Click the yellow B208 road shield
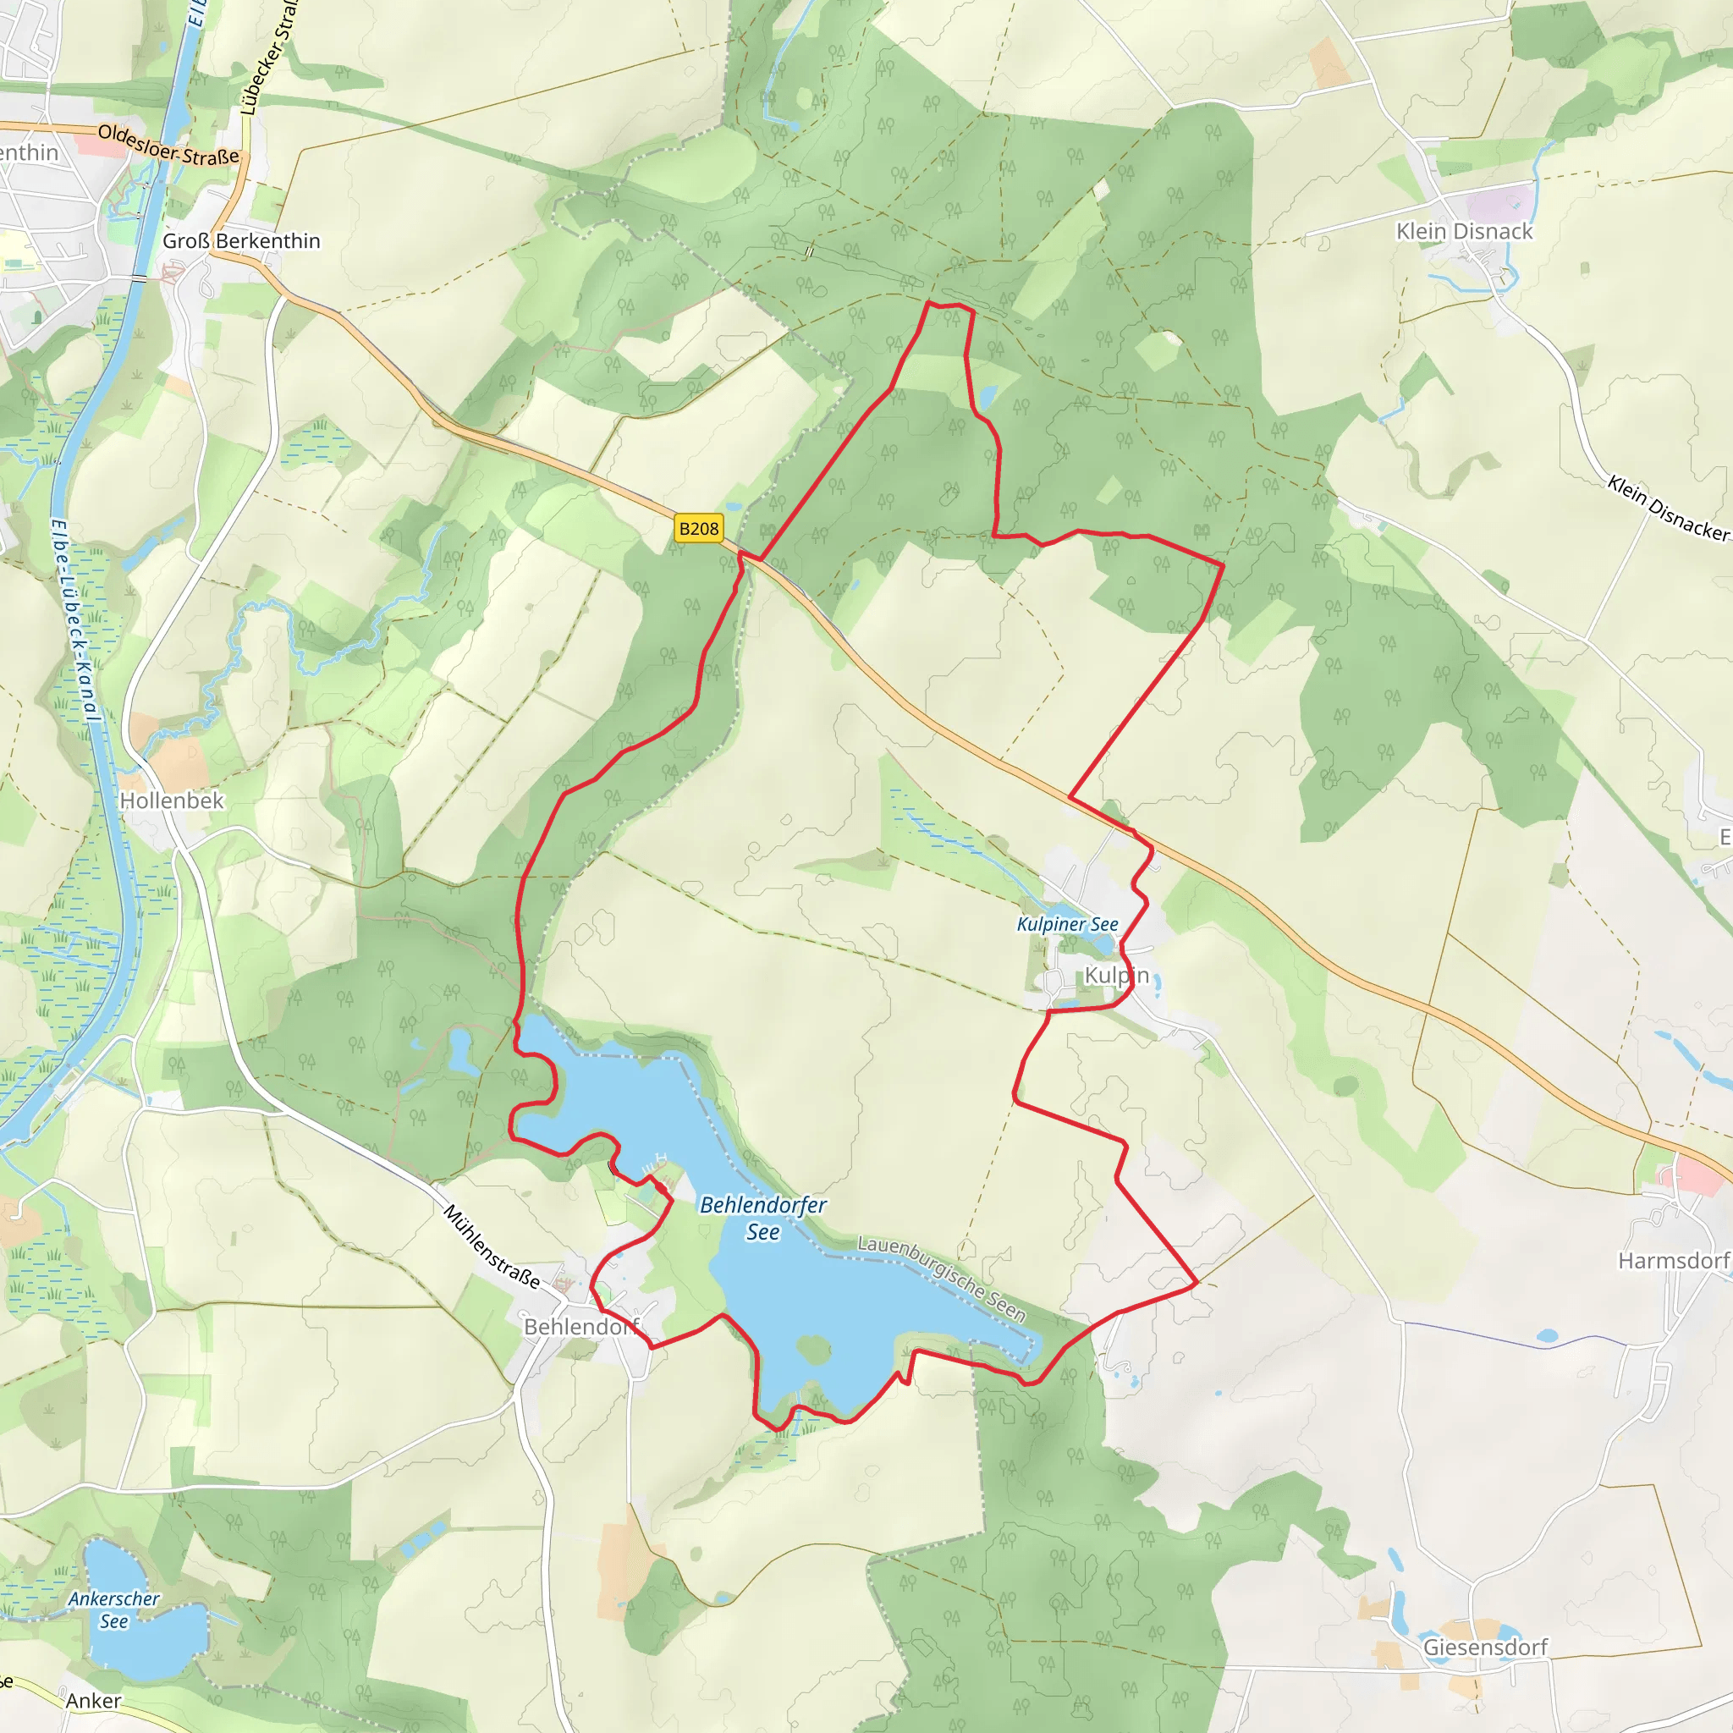point(699,528)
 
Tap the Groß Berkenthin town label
point(241,241)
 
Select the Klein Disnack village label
point(1464,231)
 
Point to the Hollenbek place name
point(171,800)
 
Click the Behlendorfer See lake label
point(762,1217)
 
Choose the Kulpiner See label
point(1067,924)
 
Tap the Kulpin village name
point(1116,975)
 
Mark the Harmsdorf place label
point(1674,1260)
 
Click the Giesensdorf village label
point(1485,1647)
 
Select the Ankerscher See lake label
point(114,1609)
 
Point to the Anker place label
point(93,1701)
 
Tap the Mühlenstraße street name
point(492,1246)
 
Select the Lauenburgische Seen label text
point(942,1279)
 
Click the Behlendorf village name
point(581,1327)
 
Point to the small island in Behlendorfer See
point(812,1349)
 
